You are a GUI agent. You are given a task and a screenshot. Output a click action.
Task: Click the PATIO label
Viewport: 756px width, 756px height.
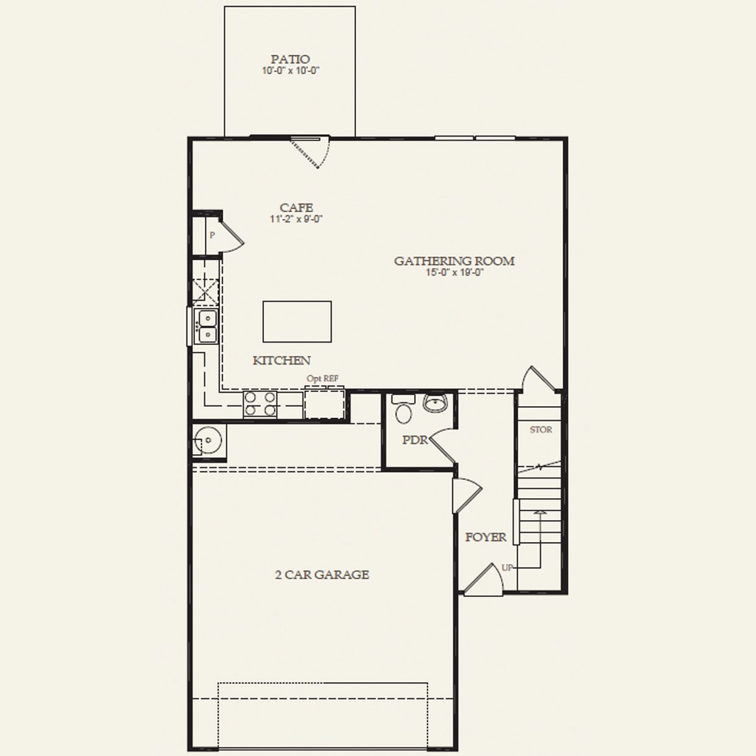pyautogui.click(x=290, y=59)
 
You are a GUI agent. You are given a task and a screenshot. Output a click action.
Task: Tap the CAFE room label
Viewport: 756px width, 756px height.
pyautogui.click(x=296, y=208)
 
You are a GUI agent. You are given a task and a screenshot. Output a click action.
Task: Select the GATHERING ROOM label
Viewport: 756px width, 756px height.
pyautogui.click(x=454, y=261)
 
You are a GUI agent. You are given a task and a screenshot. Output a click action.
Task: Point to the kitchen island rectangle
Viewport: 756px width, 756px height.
pyautogui.click(x=297, y=321)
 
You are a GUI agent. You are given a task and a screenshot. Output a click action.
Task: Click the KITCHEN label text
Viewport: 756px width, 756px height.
pyautogui.click(x=282, y=360)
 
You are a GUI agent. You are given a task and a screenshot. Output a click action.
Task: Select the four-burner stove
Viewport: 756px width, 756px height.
pyautogui.click(x=260, y=404)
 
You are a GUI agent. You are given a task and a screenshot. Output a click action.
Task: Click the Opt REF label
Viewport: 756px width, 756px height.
pyautogui.click(x=323, y=379)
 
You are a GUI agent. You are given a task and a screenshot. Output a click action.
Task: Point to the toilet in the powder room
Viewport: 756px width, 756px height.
pyautogui.click(x=403, y=410)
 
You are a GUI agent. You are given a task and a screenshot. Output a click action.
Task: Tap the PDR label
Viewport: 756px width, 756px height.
pyautogui.click(x=415, y=440)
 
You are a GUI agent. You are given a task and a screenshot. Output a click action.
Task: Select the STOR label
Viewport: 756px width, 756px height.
pyautogui.click(x=541, y=430)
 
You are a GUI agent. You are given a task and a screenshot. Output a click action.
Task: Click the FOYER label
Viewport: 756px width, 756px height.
pyautogui.click(x=486, y=537)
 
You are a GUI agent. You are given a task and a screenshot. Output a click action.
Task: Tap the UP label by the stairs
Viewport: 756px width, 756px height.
pyautogui.click(x=507, y=568)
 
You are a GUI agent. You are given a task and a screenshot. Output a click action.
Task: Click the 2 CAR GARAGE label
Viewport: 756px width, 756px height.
pyautogui.click(x=322, y=574)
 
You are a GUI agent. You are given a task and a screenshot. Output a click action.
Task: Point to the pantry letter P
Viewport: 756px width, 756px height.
pyautogui.click(x=212, y=235)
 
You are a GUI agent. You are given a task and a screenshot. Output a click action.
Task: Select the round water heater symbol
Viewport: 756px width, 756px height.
pyautogui.click(x=208, y=440)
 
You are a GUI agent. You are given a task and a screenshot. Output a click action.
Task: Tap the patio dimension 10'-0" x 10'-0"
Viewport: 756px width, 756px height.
pyautogui.click(x=290, y=71)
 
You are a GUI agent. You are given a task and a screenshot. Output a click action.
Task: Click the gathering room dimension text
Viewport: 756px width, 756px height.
pyautogui.click(x=454, y=273)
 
